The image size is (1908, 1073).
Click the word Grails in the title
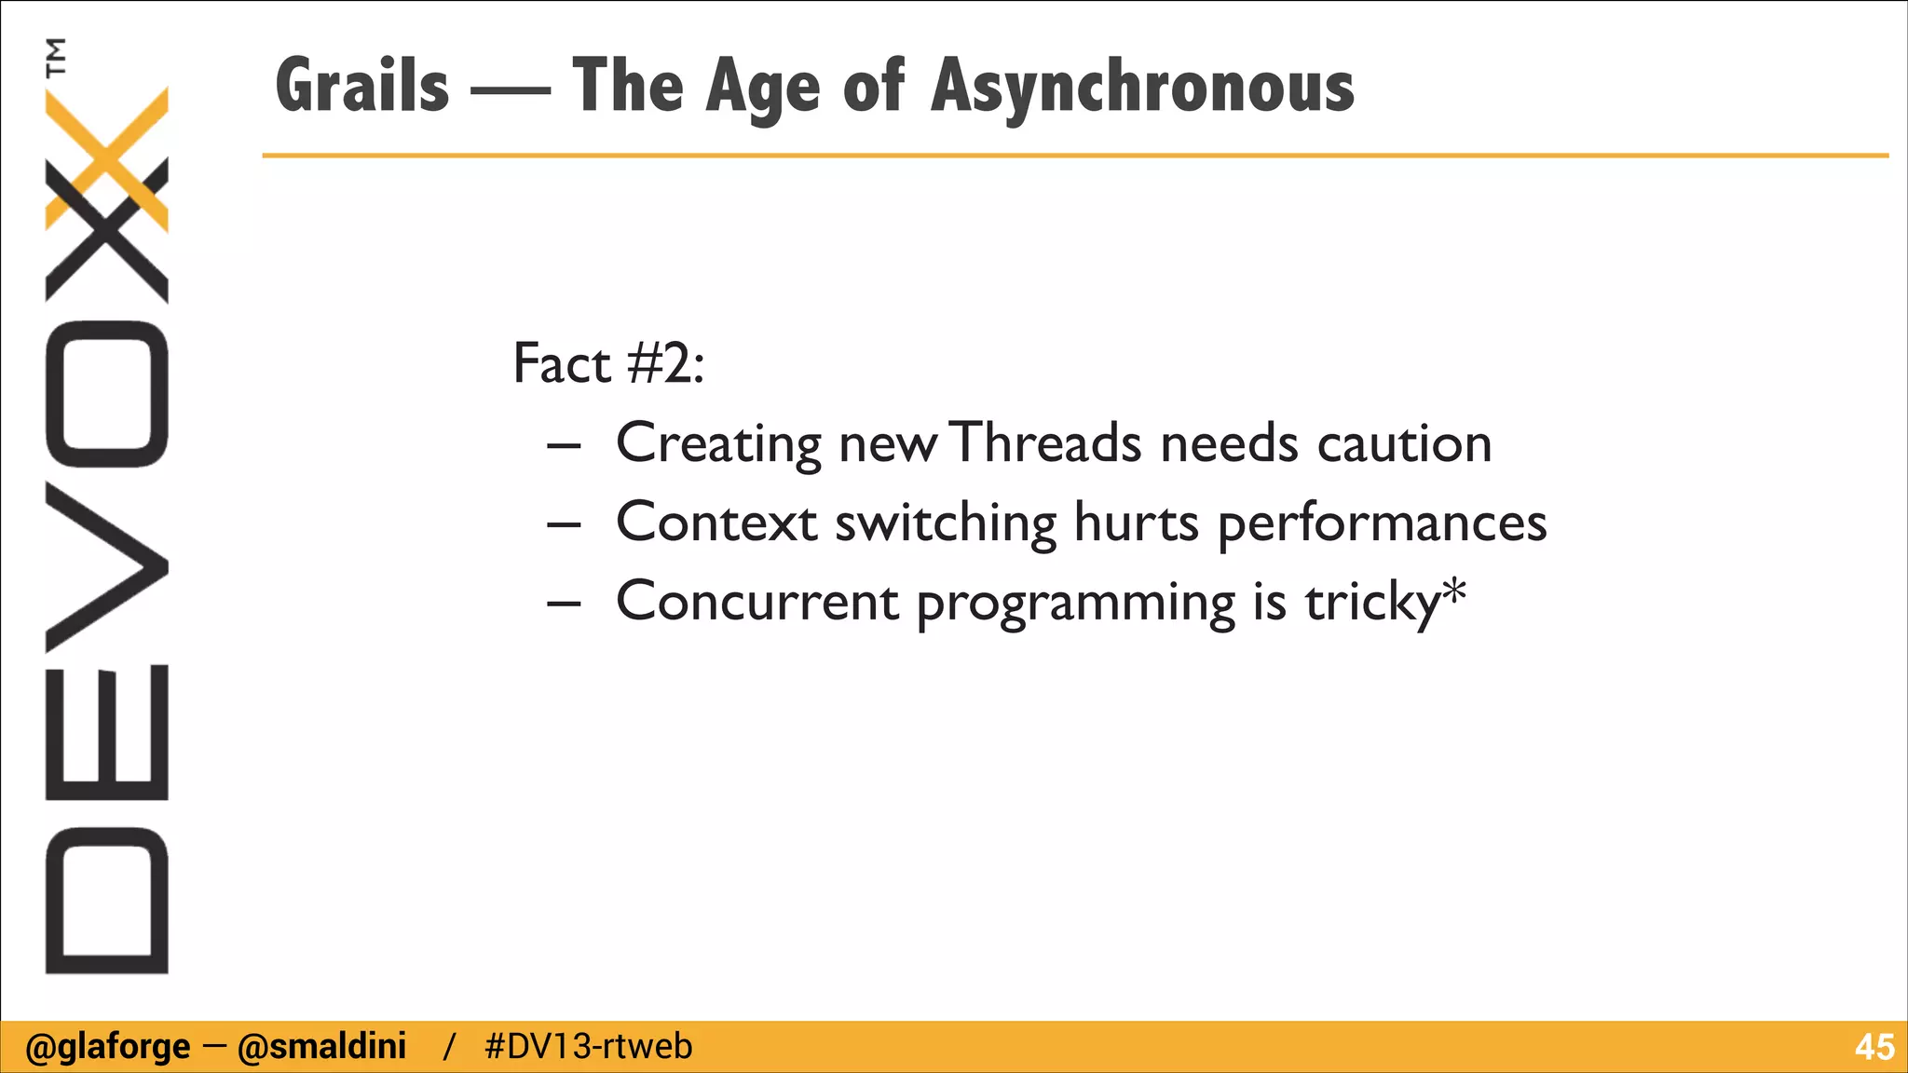[x=362, y=86]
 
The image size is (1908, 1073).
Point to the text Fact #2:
[x=608, y=363]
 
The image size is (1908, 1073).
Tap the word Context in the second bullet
[x=716, y=522]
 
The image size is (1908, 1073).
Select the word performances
[x=1382, y=523]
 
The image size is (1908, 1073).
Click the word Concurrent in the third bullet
[x=756, y=601]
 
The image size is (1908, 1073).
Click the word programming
[x=1075, y=604]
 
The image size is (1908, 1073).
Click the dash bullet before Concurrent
[x=564, y=604]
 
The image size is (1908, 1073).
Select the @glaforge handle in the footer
[x=108, y=1047]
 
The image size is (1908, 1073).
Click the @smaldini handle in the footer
[x=321, y=1047]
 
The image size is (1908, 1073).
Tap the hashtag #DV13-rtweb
[x=589, y=1047]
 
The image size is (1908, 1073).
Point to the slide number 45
[x=1874, y=1048]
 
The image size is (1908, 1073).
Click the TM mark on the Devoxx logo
[x=57, y=57]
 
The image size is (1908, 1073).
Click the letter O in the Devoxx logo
[x=107, y=393]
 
